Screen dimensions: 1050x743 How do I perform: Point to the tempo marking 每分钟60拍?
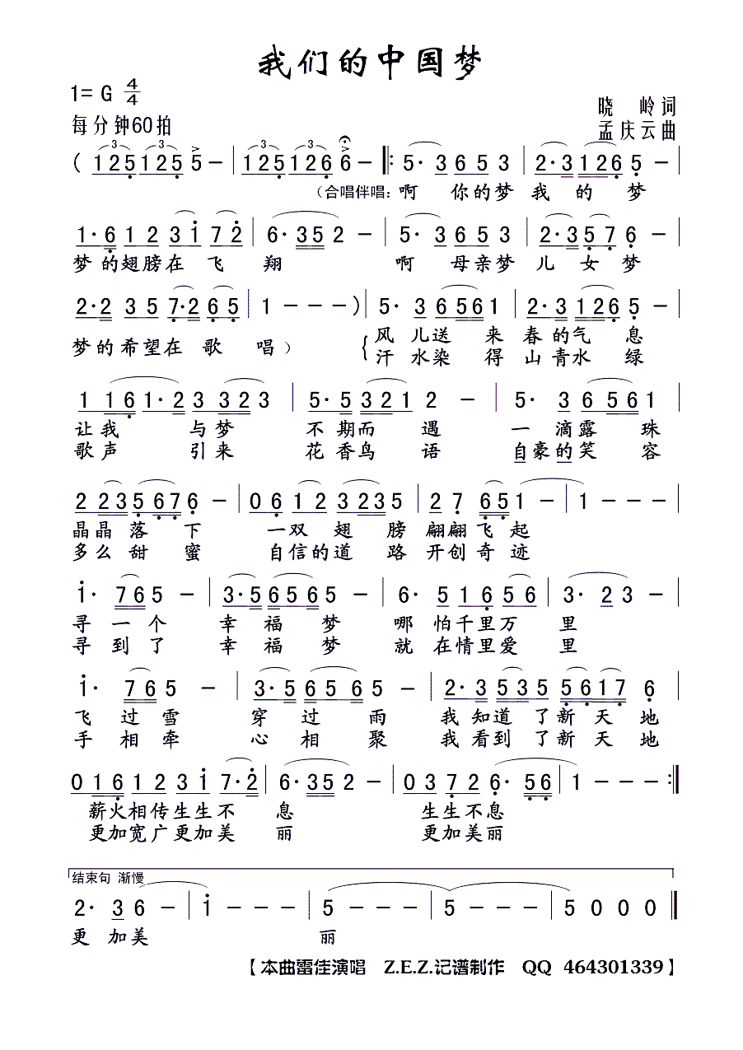pyautogui.click(x=122, y=126)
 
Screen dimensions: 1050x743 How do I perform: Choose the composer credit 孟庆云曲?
pyautogui.click(x=638, y=131)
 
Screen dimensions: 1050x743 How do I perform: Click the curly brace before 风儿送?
pyautogui.click(x=365, y=347)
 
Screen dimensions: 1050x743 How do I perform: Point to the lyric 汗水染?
pyautogui.click(x=404, y=358)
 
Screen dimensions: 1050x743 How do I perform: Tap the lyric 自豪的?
pyautogui.click(x=542, y=452)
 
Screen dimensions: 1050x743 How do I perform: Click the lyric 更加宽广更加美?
pyautogui.click(x=161, y=833)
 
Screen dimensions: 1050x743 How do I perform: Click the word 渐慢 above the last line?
pyautogui.click(x=132, y=877)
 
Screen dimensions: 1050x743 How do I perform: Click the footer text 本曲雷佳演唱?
pyautogui.click(x=311, y=967)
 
